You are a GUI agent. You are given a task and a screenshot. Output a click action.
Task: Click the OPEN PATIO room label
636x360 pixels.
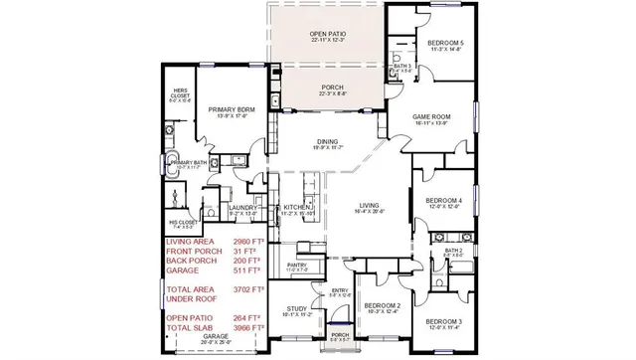(x=327, y=34)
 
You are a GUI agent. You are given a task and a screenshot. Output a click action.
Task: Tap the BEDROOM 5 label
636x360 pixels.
(x=444, y=44)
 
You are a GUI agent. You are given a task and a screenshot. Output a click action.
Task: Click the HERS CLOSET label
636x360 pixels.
(x=179, y=90)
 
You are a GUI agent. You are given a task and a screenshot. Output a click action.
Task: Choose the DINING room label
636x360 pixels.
(x=327, y=142)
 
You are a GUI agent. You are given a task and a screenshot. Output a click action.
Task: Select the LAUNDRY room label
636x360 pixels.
(x=242, y=207)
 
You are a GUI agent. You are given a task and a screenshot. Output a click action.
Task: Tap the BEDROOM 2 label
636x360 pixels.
(x=383, y=306)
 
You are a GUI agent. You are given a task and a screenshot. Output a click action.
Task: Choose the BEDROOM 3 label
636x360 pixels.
(x=444, y=322)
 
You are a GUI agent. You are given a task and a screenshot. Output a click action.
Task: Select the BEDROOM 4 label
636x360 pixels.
(x=444, y=201)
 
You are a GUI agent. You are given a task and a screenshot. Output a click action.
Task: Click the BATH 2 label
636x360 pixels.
(x=454, y=250)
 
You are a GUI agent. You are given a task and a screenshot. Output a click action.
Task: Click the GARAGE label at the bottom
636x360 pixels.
(x=216, y=336)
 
